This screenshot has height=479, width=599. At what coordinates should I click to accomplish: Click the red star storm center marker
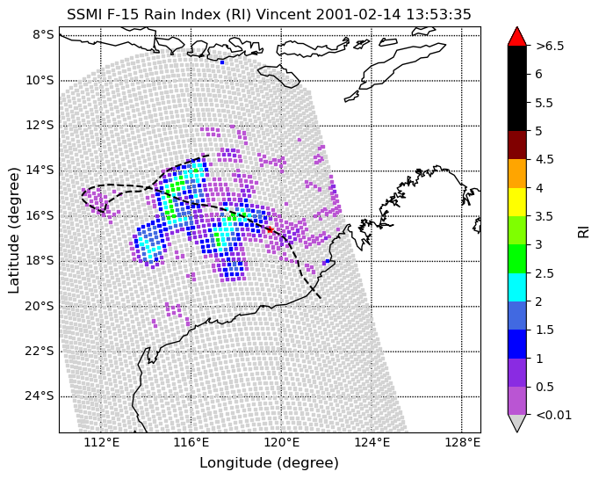(270, 229)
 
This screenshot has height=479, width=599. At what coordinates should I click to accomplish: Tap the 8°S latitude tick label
(43, 35)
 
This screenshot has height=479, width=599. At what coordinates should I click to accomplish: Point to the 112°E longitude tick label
(101, 443)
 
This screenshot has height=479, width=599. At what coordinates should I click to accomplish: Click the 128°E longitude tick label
(461, 443)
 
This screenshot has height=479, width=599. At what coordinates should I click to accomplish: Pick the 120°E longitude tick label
(281, 443)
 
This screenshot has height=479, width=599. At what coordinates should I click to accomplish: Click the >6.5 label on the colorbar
(550, 46)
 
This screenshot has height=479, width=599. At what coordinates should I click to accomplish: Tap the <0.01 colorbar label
(554, 415)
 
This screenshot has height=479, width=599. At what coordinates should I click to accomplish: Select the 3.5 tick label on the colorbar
(544, 216)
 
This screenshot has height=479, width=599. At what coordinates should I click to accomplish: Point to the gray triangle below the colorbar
(516, 422)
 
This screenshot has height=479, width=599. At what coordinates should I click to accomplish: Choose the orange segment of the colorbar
(516, 173)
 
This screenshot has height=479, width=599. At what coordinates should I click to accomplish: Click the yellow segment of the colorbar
(516, 202)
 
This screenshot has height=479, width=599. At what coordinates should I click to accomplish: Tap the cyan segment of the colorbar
(516, 287)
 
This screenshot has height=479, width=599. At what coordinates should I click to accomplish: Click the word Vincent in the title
(283, 15)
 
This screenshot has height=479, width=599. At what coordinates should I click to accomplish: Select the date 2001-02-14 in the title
(358, 15)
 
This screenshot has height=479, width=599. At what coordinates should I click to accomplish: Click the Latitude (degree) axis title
(13, 230)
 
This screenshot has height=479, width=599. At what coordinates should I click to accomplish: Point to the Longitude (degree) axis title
(270, 463)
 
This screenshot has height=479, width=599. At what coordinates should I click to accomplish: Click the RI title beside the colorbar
(583, 232)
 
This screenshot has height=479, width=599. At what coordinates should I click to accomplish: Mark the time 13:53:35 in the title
(438, 15)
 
